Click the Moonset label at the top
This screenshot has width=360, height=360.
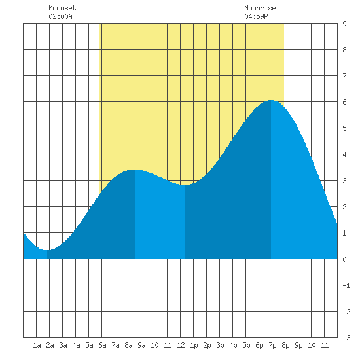(62, 8)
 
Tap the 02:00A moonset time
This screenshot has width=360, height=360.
(60, 16)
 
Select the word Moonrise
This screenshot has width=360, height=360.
(260, 8)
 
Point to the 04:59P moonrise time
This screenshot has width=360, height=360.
(256, 16)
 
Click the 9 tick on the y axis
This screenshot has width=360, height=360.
(344, 24)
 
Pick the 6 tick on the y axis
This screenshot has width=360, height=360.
(344, 102)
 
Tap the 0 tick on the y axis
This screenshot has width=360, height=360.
(344, 259)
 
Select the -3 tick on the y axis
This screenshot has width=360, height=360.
(346, 338)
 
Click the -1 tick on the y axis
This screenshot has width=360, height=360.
(346, 285)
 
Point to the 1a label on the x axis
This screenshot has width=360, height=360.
(37, 345)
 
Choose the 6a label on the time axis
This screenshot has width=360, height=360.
(102, 345)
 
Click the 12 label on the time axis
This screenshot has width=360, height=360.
(181, 345)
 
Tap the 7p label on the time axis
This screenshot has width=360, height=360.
(272, 345)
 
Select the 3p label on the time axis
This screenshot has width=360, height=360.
(220, 345)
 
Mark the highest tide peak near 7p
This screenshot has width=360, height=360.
(271, 100)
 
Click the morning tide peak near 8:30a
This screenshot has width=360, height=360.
(135, 170)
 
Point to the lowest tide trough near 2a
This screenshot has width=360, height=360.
(47, 250)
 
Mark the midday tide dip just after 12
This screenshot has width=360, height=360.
(185, 185)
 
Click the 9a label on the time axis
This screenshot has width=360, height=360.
(141, 345)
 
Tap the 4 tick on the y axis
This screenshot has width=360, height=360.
(344, 154)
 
